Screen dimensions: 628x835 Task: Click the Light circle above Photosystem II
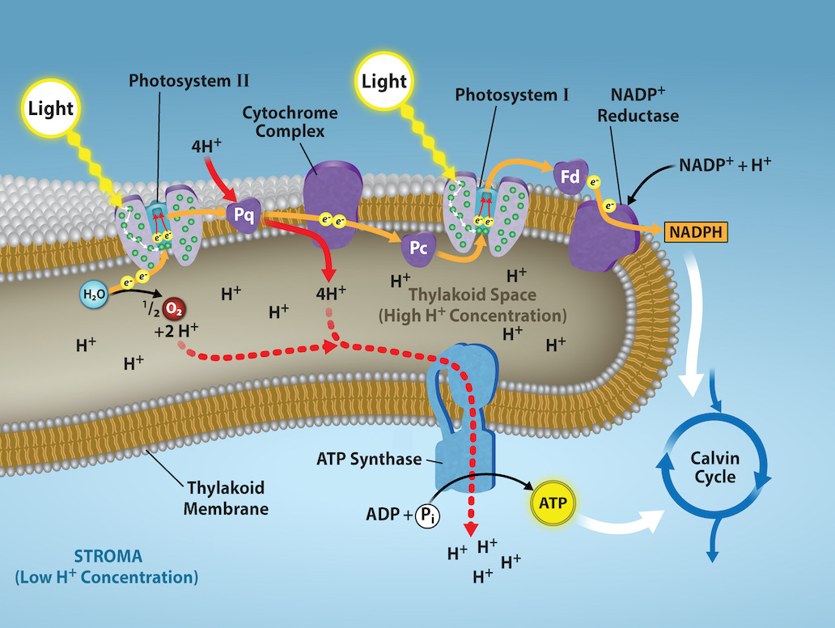coord(51,108)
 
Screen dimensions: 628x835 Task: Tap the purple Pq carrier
coord(244,216)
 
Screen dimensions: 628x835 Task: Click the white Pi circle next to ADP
coord(428,516)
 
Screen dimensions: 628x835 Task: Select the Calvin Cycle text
coord(714,468)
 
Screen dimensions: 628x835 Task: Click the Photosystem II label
coord(189,81)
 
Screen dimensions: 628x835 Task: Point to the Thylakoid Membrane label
coord(227,499)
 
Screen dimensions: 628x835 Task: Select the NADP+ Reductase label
coord(638,103)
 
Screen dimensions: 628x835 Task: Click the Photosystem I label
coord(512,95)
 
